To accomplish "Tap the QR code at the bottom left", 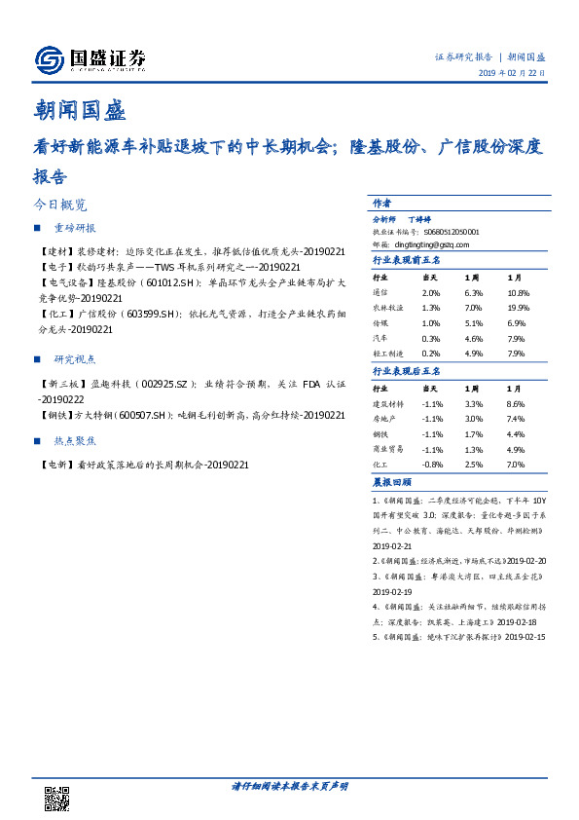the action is pyautogui.click(x=57, y=798).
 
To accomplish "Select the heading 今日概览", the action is pyautogui.click(x=59, y=205).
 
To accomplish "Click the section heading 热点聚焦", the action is pyautogui.click(x=75, y=440).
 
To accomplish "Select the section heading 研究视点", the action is pyautogui.click(x=75, y=358).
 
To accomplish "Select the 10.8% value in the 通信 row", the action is pyautogui.click(x=519, y=293).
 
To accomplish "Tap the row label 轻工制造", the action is pyautogui.click(x=387, y=354).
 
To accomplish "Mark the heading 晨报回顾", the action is pyautogui.click(x=392, y=482).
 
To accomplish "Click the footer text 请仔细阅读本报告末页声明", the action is pyautogui.click(x=289, y=786).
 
